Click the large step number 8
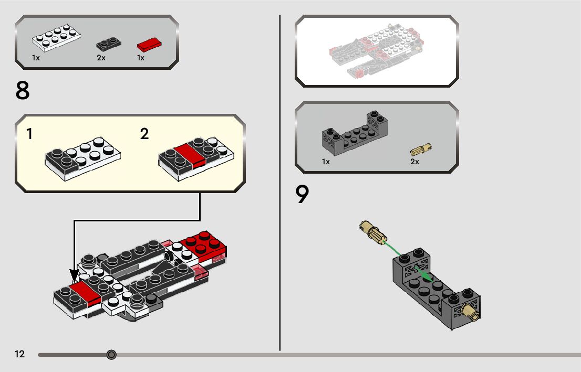pyautogui.click(x=23, y=90)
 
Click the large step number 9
pyautogui.click(x=302, y=195)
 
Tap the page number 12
pyautogui.click(x=19, y=354)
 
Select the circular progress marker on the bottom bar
pyautogui.click(x=111, y=355)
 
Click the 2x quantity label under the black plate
pyautogui.click(x=101, y=58)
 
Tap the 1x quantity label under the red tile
pyautogui.click(x=141, y=58)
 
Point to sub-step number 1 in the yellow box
pyautogui.click(x=29, y=134)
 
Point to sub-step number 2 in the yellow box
pyautogui.click(x=144, y=134)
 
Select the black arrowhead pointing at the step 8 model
pyautogui.click(x=75, y=275)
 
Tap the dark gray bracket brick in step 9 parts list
pyautogui.click(x=355, y=135)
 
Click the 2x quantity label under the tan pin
pyautogui.click(x=414, y=162)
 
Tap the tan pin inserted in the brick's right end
pyautogui.click(x=469, y=313)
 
